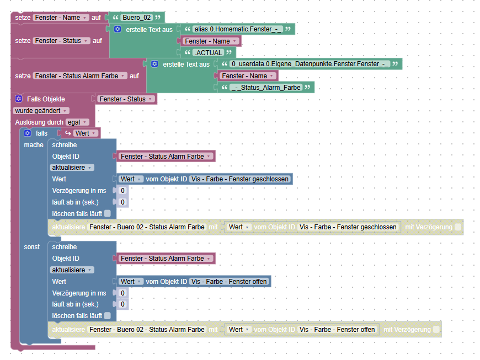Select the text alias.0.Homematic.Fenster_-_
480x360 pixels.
tap(238, 29)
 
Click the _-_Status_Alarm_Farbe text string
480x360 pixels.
tap(266, 88)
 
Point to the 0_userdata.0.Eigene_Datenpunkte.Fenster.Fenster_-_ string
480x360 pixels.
tap(310, 64)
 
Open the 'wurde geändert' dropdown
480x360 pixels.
tap(41, 110)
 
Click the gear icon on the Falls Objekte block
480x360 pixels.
tap(18, 99)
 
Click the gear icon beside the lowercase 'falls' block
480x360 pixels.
tap(27, 133)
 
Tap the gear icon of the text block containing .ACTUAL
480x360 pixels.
tap(118, 29)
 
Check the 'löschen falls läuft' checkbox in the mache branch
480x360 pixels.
tap(108, 213)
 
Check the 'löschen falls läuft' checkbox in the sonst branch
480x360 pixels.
tap(108, 316)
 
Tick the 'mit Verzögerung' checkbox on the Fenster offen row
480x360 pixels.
tap(437, 330)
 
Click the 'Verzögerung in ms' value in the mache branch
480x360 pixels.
tap(122, 190)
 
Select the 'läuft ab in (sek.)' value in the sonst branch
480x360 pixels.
tap(122, 304)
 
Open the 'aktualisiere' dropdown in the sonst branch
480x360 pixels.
tap(72, 270)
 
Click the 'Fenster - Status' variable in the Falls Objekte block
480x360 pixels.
tap(125, 99)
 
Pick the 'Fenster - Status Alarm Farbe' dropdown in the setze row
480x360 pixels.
tap(81, 76)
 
